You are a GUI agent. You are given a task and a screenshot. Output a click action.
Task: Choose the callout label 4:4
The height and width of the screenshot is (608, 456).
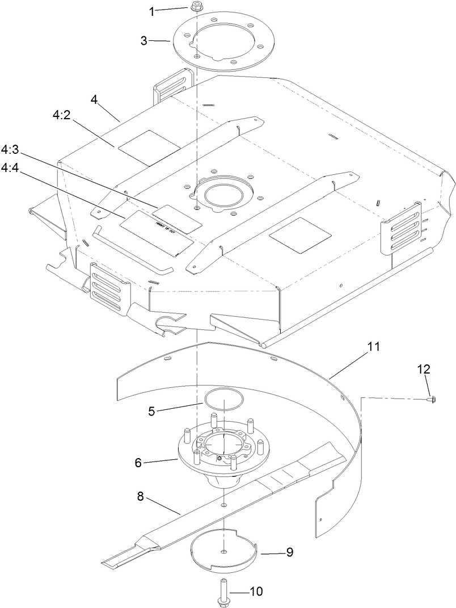click(11, 169)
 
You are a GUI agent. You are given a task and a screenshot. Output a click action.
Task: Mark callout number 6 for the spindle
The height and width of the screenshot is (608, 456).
click(138, 463)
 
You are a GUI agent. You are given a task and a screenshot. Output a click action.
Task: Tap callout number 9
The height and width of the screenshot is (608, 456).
click(289, 551)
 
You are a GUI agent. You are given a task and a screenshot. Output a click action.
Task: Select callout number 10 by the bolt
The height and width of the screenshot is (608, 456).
click(256, 591)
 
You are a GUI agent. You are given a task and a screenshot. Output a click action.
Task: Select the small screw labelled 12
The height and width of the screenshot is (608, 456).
click(429, 400)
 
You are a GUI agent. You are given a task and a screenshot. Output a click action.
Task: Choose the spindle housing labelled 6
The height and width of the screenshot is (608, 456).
click(221, 454)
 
